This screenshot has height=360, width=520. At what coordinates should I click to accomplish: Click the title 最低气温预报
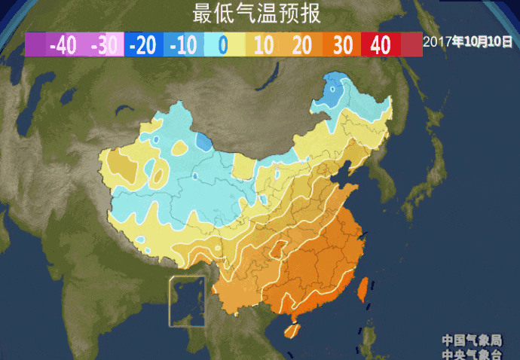pos(256,14)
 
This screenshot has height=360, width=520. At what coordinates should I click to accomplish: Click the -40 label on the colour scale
pos(63,45)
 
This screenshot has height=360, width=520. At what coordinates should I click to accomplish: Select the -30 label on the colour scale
pos(103,45)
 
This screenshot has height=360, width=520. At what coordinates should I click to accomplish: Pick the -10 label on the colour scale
pos(182,45)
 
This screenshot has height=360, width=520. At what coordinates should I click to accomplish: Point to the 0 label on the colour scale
pos(222,45)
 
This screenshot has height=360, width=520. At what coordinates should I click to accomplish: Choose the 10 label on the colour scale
pos(263,45)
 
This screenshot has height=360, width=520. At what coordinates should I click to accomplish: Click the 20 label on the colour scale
pos(301,45)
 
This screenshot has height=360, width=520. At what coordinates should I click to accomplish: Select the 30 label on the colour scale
pos(343,45)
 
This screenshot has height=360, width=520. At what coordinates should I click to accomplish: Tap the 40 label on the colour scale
pos(381,45)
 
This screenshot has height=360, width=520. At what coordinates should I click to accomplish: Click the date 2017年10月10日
pos(467,42)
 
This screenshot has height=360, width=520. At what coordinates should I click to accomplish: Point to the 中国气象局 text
pos(472,340)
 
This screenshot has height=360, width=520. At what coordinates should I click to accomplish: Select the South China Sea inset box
pos(187,301)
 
